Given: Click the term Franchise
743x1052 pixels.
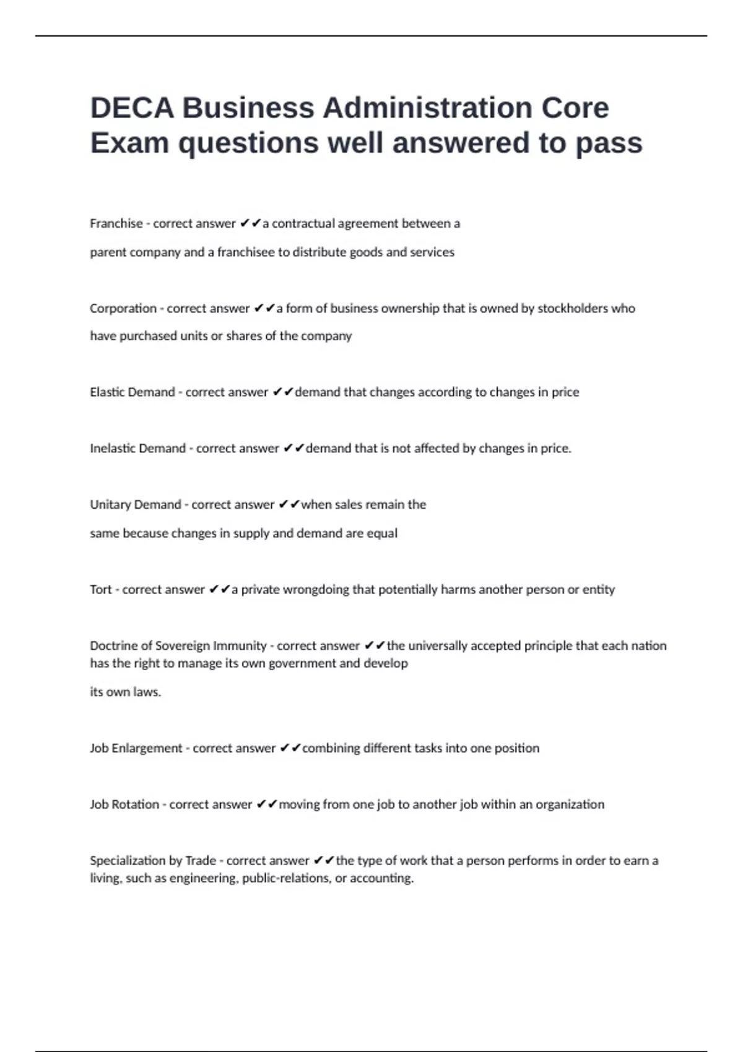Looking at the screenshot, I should tap(116, 223).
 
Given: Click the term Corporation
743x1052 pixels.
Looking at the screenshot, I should tap(123, 308).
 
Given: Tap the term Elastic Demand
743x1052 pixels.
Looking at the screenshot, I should tap(133, 392).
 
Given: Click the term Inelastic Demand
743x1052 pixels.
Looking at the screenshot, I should tap(137, 449).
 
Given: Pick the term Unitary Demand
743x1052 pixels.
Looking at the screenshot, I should tap(136, 505).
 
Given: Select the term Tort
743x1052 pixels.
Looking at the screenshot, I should tap(101, 590).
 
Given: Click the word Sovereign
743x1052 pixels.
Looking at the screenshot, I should tap(183, 646).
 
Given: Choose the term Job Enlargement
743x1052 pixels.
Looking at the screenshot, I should tap(136, 748).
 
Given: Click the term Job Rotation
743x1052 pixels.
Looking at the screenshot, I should tap(124, 804).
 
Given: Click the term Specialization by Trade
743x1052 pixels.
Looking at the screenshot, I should tap(153, 861).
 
